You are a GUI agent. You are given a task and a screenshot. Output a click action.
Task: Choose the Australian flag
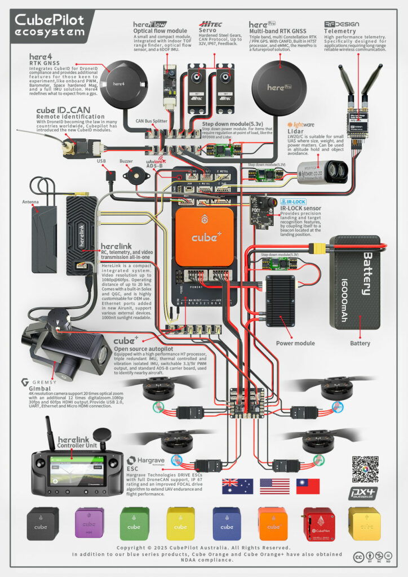tap(233, 486)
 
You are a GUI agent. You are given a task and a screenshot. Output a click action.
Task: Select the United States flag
tap(270, 486)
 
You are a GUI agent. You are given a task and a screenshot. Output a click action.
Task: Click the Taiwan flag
tap(308, 486)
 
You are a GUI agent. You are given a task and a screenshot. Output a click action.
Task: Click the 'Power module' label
tap(295, 343)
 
